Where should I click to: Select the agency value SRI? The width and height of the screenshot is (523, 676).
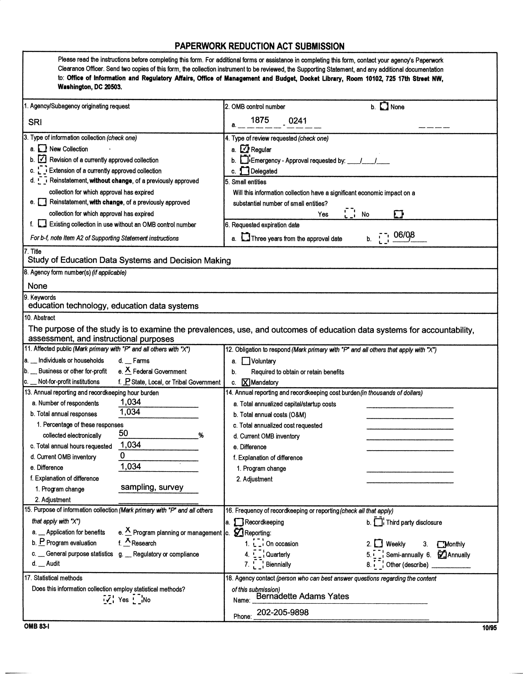35,122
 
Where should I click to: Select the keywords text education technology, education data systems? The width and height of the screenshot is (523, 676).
113,306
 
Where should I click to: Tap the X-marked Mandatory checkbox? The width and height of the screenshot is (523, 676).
245,382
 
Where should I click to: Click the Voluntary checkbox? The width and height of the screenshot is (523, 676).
245,361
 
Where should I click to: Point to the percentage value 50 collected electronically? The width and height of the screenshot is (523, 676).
123,433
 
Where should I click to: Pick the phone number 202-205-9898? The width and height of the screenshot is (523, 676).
283,612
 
